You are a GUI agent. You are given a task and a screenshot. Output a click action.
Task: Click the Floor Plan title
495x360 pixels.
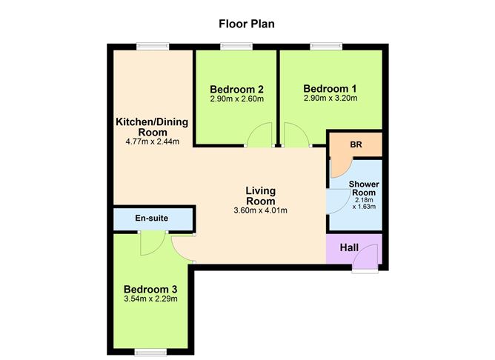click(247, 23)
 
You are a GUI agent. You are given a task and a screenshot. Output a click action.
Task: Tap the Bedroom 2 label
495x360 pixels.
click(235, 85)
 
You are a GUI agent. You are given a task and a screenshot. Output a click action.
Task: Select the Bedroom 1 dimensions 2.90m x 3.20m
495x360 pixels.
click(330, 97)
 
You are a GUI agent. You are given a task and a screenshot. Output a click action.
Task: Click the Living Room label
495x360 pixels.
click(260, 196)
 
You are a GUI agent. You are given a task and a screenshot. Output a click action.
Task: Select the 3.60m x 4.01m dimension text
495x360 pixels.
click(260, 211)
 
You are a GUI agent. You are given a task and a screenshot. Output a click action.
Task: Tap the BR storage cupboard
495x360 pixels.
click(354, 144)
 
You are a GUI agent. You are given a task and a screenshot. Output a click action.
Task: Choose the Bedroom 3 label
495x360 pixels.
click(150, 289)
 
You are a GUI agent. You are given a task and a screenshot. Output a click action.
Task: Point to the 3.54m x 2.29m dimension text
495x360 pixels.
click(150, 299)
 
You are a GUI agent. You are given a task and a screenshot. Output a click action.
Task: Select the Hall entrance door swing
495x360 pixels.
click(365, 259)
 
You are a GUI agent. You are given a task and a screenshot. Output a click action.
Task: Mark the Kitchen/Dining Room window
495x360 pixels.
click(153, 47)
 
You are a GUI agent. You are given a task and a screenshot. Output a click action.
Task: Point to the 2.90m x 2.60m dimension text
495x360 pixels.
click(235, 97)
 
